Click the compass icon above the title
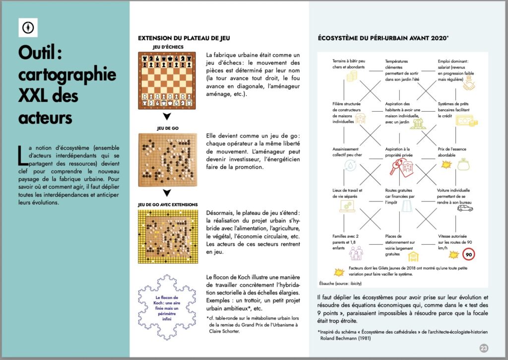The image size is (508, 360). tap(28, 27)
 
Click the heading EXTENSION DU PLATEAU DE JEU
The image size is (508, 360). tap(184, 38)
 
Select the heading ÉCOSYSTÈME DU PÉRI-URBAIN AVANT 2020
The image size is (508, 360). tap(383, 38)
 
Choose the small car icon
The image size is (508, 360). tap(465, 209)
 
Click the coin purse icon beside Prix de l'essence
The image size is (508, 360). tap(463, 163)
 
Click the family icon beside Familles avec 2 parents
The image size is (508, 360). tap(356, 254)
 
